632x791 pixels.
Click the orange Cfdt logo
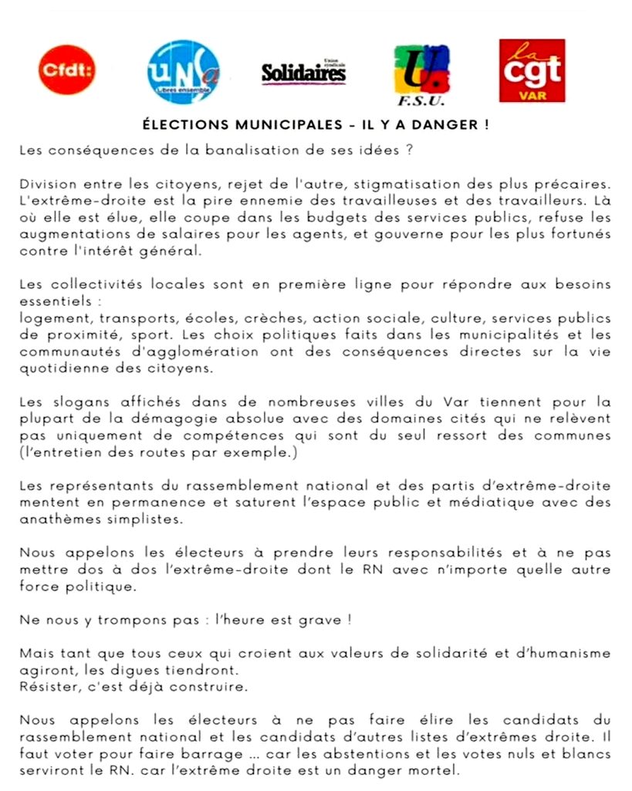click(67, 70)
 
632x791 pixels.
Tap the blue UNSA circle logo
click(183, 72)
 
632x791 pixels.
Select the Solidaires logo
click(303, 73)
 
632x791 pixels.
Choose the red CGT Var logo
click(532, 70)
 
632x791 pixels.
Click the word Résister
click(46, 685)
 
